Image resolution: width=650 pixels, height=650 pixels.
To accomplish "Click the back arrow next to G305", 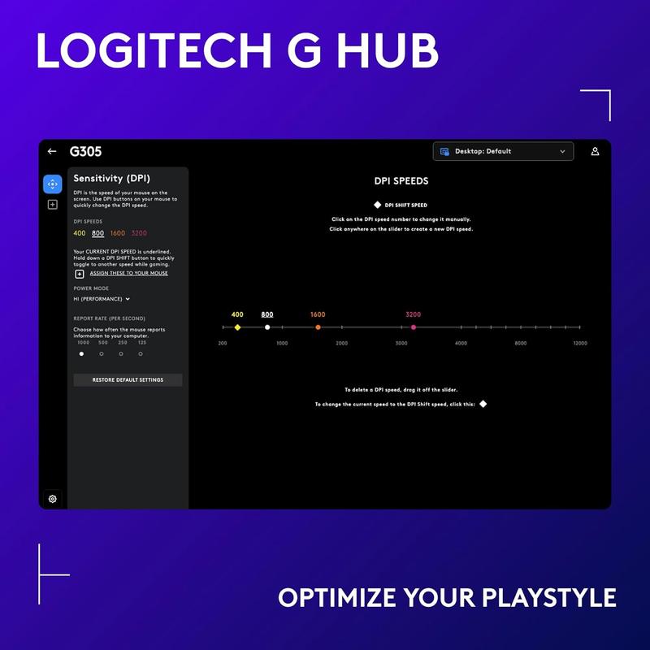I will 52,152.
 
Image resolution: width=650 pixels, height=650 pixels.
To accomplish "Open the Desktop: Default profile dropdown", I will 503,151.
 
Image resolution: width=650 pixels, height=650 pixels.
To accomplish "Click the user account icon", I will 595,151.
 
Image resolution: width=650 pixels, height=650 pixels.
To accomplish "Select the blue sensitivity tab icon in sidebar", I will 52,184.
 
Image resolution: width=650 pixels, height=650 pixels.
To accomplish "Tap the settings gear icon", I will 53,499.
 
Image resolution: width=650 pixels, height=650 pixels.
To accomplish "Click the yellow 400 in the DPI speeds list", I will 79,233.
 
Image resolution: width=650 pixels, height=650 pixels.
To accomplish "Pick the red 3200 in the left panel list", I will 139,233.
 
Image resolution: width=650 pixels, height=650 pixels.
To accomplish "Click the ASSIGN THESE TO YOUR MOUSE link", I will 128,274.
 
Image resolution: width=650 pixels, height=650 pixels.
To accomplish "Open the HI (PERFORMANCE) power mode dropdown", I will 102,299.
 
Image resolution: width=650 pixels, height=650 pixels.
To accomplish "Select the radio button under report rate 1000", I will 81,354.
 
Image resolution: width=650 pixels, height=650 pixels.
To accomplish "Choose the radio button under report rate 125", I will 141,354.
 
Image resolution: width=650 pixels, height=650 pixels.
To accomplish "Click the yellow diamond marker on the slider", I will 237,327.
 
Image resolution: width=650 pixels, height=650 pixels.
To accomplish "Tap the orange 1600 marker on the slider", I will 318,327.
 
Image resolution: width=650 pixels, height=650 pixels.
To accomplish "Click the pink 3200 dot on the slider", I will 414,327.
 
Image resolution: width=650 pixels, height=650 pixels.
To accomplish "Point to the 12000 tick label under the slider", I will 579,344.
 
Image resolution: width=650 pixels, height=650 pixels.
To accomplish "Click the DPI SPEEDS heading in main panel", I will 401,181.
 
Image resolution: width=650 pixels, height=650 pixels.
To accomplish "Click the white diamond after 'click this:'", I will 483,404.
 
